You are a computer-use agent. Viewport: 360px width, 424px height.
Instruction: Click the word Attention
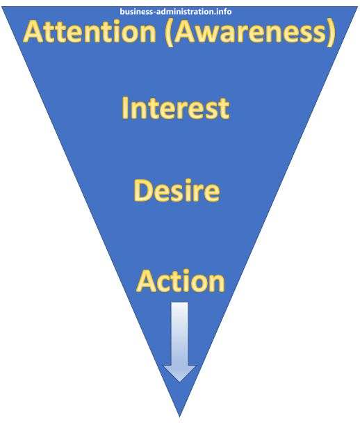tap(90, 32)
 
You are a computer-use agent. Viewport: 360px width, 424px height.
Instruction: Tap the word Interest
tap(176, 108)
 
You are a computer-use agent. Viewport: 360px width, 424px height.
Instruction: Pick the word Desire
tap(177, 190)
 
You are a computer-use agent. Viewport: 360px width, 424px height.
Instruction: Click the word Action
tap(181, 281)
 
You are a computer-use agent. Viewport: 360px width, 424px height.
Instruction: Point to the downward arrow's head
tap(180, 373)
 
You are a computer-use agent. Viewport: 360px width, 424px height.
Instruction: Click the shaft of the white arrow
tap(179, 334)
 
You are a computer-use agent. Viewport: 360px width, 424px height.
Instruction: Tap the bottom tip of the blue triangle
tap(180, 416)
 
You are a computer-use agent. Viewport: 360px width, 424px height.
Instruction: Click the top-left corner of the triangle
tap(2, 8)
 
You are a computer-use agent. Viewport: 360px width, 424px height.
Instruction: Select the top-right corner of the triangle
tap(357, 8)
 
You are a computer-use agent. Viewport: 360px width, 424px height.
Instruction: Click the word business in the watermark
tap(136, 12)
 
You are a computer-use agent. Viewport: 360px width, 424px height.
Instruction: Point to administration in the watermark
tap(188, 12)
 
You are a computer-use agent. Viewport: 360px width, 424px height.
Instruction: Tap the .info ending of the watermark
tap(224, 12)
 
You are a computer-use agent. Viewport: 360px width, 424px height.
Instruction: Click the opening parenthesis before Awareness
tap(168, 33)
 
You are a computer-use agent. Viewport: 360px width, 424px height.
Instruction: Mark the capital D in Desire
tap(142, 190)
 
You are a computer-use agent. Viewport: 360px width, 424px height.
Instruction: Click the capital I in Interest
tap(124, 108)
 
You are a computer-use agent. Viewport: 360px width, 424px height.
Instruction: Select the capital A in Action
tap(147, 281)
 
